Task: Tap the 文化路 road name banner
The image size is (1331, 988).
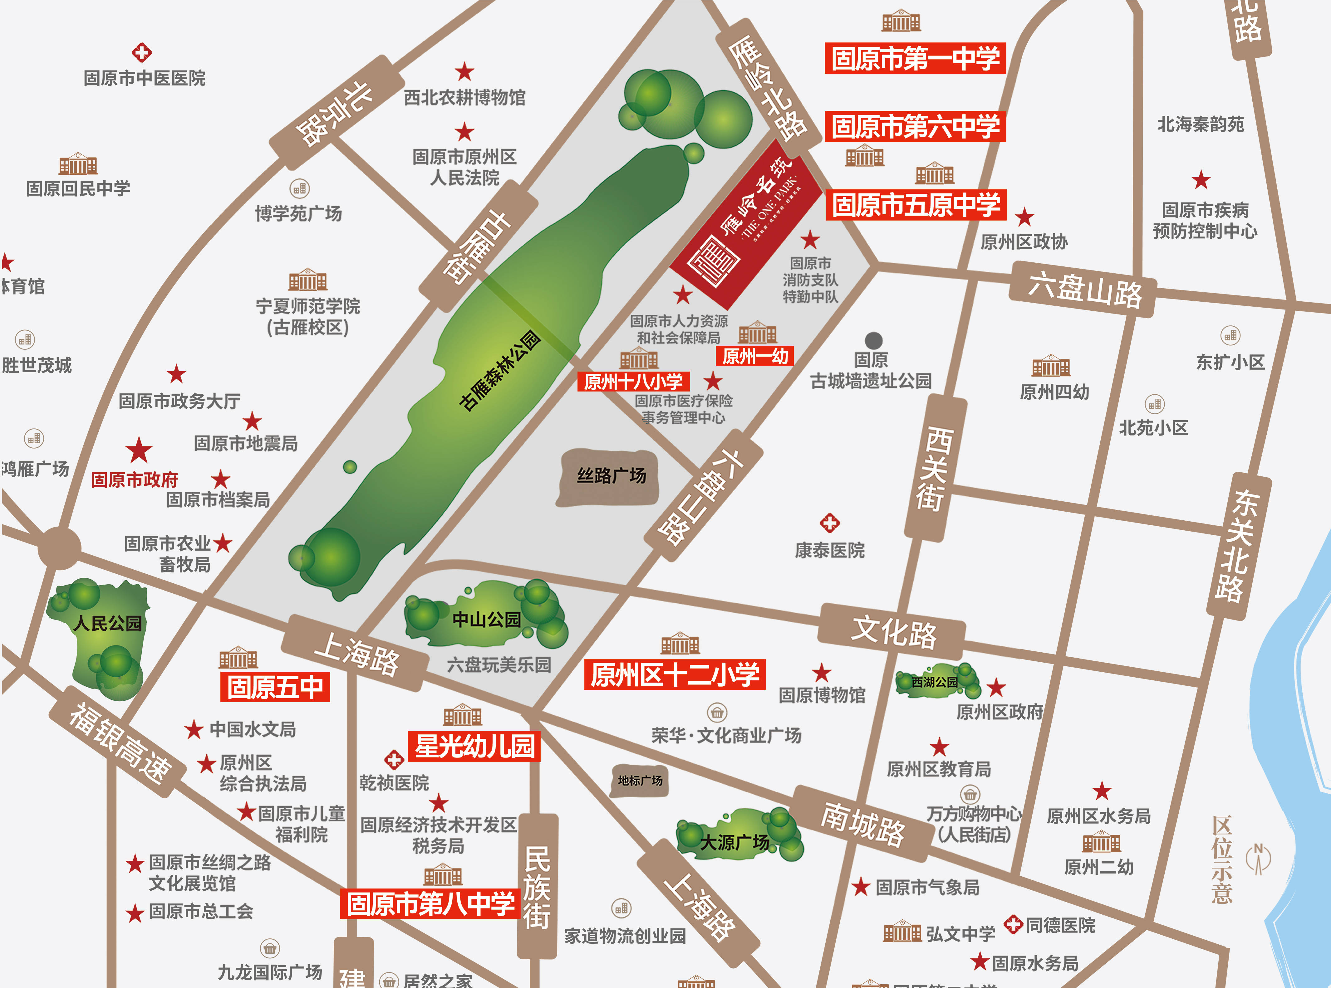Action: point(893,631)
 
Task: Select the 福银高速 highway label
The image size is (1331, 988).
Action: point(120,742)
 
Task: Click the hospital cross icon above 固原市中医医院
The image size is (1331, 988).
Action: point(142,53)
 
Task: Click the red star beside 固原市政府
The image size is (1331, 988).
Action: point(139,450)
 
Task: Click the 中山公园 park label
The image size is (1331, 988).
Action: point(486,619)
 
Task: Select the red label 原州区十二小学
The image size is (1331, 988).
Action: point(675,674)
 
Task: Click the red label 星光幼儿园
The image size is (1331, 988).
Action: point(474,747)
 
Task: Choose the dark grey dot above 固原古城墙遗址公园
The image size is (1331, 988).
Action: point(874,340)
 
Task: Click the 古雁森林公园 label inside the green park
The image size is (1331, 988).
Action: point(500,371)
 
